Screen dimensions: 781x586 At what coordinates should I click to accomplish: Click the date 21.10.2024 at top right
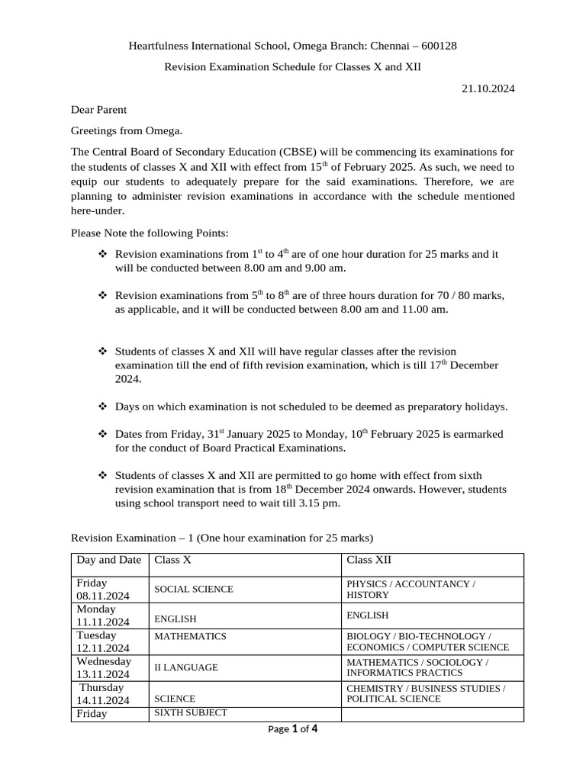pyautogui.click(x=488, y=88)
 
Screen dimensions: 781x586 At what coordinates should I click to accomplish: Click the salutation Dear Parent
pyautogui.click(x=98, y=110)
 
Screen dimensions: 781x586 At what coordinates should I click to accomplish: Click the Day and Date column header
pyautogui.click(x=108, y=560)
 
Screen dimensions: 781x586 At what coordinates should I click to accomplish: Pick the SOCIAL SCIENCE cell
pyautogui.click(x=194, y=590)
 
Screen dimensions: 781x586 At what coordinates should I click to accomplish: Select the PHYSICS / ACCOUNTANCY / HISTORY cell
pyautogui.click(x=411, y=590)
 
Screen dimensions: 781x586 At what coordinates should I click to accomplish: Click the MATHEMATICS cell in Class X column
pyautogui.click(x=190, y=636)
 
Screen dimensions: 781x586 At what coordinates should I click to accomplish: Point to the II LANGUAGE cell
pyautogui.click(x=186, y=667)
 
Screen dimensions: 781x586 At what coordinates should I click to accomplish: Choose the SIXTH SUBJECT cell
pyautogui.click(x=191, y=713)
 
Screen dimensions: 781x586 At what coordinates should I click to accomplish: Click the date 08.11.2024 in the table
pyautogui.click(x=102, y=596)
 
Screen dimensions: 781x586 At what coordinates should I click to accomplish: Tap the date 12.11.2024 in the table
pyautogui.click(x=102, y=648)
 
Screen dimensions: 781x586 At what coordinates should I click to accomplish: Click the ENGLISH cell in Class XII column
pyautogui.click(x=367, y=615)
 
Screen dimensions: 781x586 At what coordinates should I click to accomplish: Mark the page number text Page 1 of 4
pyautogui.click(x=293, y=729)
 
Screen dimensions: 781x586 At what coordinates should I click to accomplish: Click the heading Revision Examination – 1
pyautogui.click(x=222, y=538)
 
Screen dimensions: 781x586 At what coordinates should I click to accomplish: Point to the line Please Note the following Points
pyautogui.click(x=150, y=232)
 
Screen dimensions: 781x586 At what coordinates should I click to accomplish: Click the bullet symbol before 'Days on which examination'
pyautogui.click(x=103, y=407)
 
